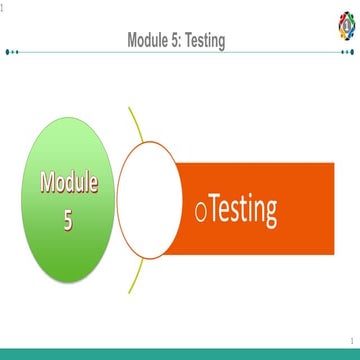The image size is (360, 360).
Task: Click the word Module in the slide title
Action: pyautogui.click(x=149, y=40)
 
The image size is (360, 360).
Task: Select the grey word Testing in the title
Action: pyautogui.click(x=207, y=41)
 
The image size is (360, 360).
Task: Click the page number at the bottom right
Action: pyautogui.click(x=351, y=341)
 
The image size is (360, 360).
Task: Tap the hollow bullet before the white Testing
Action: pyautogui.click(x=201, y=212)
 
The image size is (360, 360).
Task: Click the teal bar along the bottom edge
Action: pyautogui.click(x=180, y=354)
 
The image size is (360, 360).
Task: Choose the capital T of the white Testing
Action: pyautogui.click(x=215, y=209)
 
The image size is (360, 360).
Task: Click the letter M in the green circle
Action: pyautogui.click(x=47, y=182)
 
